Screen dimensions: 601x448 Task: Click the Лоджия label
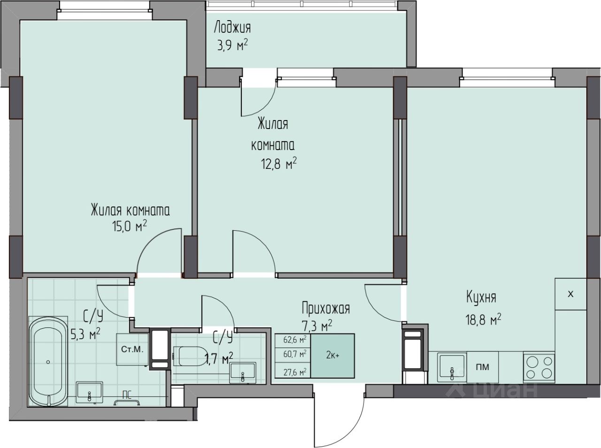click(232, 28)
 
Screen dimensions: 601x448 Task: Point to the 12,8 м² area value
click(278, 164)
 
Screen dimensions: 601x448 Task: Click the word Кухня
click(481, 297)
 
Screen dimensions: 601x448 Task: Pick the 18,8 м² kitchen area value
click(484, 319)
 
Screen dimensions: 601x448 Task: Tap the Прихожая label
click(326, 308)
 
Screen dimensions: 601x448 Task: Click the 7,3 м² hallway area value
click(317, 326)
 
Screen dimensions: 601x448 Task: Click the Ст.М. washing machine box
click(132, 349)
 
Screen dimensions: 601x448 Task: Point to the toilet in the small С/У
click(190, 356)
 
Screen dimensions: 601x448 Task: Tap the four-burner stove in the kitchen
click(539, 367)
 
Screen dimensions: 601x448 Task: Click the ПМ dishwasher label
click(482, 367)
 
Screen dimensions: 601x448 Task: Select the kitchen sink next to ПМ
click(452, 367)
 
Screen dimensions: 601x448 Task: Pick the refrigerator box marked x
click(571, 294)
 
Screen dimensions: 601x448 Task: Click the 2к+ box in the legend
click(332, 356)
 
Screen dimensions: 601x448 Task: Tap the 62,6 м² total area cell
click(295, 340)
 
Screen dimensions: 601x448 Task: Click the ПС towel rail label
click(127, 395)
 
